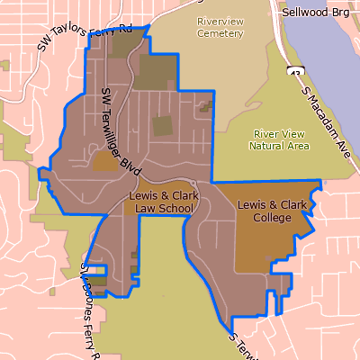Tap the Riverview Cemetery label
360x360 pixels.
coord(220,27)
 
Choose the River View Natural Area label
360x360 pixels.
coord(281,139)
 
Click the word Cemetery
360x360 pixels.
coord(220,33)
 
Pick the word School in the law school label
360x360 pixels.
coord(176,208)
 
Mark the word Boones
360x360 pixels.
coord(88,301)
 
